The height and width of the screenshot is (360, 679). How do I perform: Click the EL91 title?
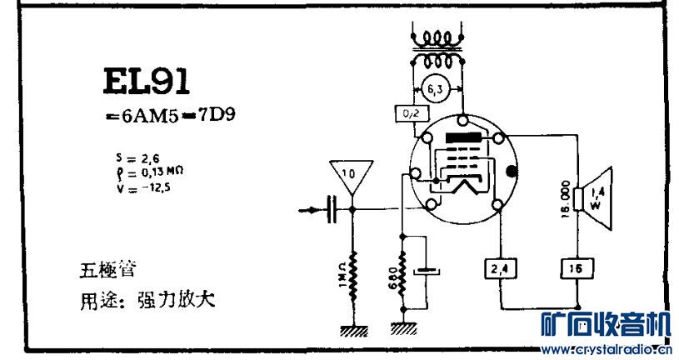tap(147, 82)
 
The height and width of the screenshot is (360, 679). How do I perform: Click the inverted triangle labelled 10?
tap(348, 175)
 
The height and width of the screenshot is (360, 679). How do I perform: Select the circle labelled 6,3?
tap(434, 87)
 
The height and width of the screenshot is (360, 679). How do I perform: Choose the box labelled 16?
tap(575, 268)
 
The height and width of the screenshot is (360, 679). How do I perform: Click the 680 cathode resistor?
tap(403, 277)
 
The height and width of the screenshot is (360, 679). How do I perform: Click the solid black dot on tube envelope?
tap(512, 172)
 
